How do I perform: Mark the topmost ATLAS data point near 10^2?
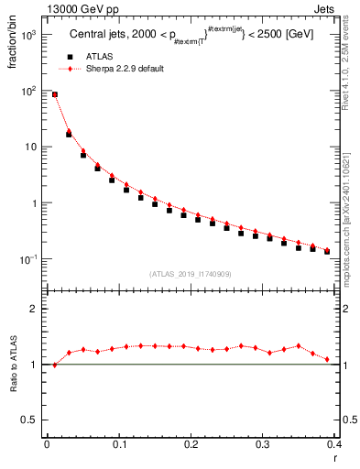tap(54, 94)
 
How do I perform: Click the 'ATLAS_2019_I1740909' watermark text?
tap(191, 274)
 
